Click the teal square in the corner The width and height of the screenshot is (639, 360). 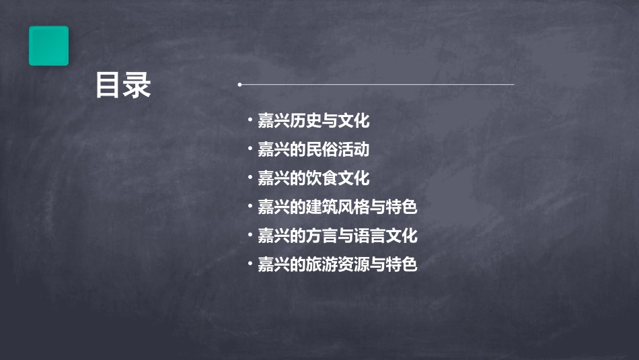48,46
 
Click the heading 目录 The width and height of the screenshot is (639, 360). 122,85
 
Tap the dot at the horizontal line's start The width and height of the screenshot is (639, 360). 239,85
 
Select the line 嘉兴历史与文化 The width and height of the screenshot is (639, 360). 313,121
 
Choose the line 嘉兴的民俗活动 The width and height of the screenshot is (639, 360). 313,149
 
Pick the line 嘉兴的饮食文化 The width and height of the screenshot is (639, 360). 313,178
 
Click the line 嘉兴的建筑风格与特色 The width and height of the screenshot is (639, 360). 338,207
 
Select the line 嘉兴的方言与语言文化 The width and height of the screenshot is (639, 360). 338,236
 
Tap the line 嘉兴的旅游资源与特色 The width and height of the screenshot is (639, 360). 338,264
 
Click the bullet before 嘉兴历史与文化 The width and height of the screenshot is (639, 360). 250,122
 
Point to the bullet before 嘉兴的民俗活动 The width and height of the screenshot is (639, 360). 250,150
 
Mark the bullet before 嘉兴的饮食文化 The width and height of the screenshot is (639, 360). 250,179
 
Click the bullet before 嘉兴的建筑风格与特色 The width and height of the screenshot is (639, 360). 250,207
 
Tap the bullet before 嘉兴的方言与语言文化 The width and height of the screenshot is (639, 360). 250,236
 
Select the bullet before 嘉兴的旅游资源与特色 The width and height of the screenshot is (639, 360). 250,264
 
